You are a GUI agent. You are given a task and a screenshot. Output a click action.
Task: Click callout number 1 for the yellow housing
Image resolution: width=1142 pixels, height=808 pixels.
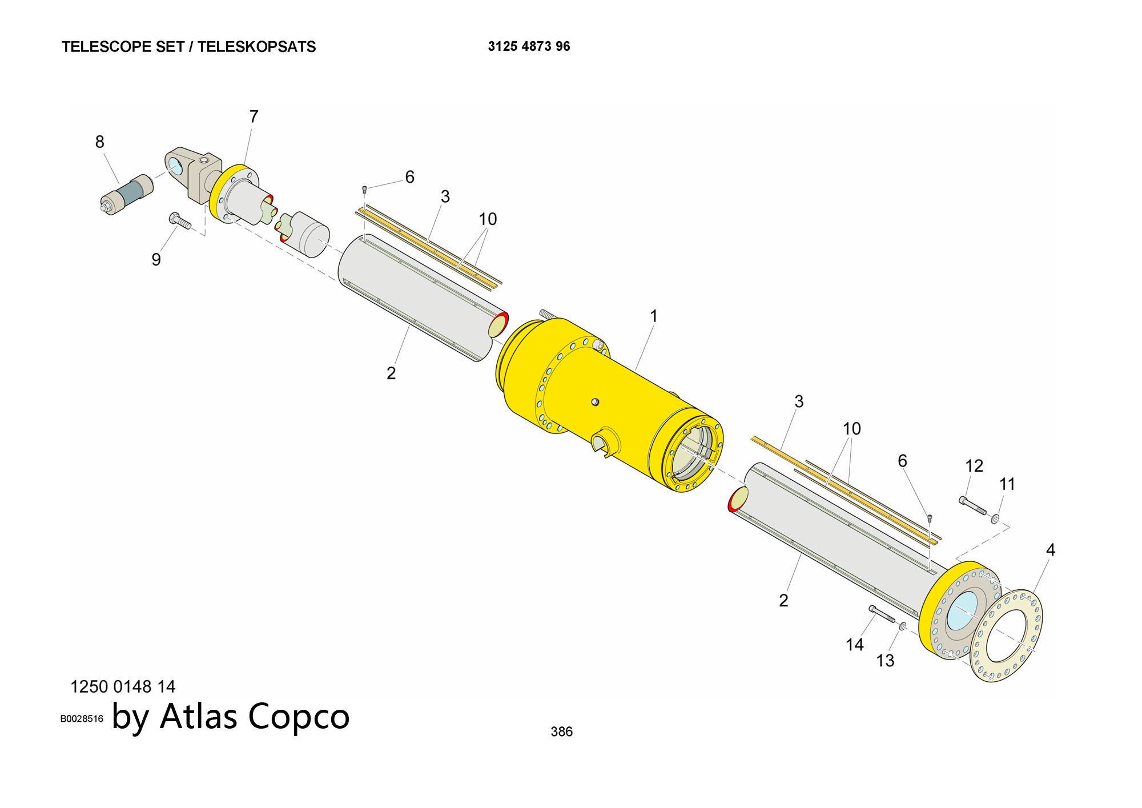[654, 316]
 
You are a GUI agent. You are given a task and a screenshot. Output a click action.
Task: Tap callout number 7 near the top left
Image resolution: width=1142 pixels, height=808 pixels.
[254, 116]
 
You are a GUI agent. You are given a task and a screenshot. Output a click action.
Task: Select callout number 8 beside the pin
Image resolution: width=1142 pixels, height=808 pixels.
[100, 142]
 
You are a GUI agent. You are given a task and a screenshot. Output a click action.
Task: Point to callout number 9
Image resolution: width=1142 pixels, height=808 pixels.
[156, 260]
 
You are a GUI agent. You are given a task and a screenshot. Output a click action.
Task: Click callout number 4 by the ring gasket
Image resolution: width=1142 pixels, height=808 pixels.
[1050, 550]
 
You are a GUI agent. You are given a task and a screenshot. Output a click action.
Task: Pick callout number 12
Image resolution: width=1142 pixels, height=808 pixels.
[974, 466]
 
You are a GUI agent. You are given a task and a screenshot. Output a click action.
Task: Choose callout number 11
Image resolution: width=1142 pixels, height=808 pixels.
[1007, 484]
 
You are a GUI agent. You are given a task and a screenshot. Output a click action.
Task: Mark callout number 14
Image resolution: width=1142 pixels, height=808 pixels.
[854, 645]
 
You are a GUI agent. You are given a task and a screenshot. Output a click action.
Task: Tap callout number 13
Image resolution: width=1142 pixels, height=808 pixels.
[885, 661]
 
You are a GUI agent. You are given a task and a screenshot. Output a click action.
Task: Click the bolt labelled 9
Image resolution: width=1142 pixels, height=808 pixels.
[179, 221]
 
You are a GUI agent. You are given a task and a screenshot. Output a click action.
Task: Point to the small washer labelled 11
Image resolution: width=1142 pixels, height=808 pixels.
[995, 518]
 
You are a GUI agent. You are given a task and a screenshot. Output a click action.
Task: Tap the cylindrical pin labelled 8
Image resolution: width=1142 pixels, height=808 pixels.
[127, 194]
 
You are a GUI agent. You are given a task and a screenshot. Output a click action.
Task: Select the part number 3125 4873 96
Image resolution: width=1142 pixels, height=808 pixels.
[529, 47]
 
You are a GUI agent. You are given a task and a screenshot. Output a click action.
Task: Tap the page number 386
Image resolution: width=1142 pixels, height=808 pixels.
[561, 731]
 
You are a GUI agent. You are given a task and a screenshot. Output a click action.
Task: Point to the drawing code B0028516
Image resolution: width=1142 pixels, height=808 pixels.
[82, 719]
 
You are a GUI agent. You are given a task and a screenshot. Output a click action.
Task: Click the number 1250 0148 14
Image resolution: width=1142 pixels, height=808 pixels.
[123, 686]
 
